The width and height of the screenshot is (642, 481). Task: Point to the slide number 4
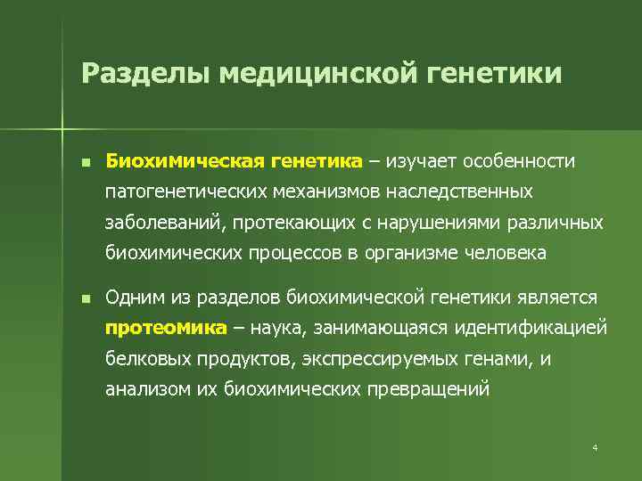pyautogui.click(x=595, y=446)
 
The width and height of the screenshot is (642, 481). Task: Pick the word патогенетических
pyautogui.click(x=184, y=192)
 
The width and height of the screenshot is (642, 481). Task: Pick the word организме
pyautogui.click(x=414, y=252)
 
